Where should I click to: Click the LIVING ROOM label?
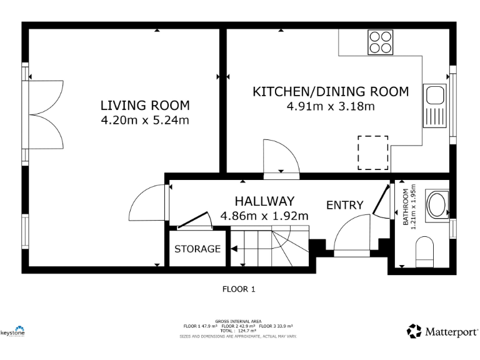coord(145,105)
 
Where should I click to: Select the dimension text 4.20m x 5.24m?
coord(145,120)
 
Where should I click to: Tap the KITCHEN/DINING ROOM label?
coord(330,92)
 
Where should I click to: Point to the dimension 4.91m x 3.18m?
coord(330,106)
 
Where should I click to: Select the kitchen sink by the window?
coord(433,105)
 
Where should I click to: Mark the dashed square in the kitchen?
coord(372,152)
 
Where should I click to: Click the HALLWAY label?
coord(264,201)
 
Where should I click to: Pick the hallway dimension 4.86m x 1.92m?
coord(264,216)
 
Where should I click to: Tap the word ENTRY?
coord(344,205)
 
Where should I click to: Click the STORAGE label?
coord(197,249)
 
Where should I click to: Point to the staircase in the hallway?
coord(269,246)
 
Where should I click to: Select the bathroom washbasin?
coord(436,204)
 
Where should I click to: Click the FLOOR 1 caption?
coord(239,289)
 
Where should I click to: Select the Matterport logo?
coord(442,331)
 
